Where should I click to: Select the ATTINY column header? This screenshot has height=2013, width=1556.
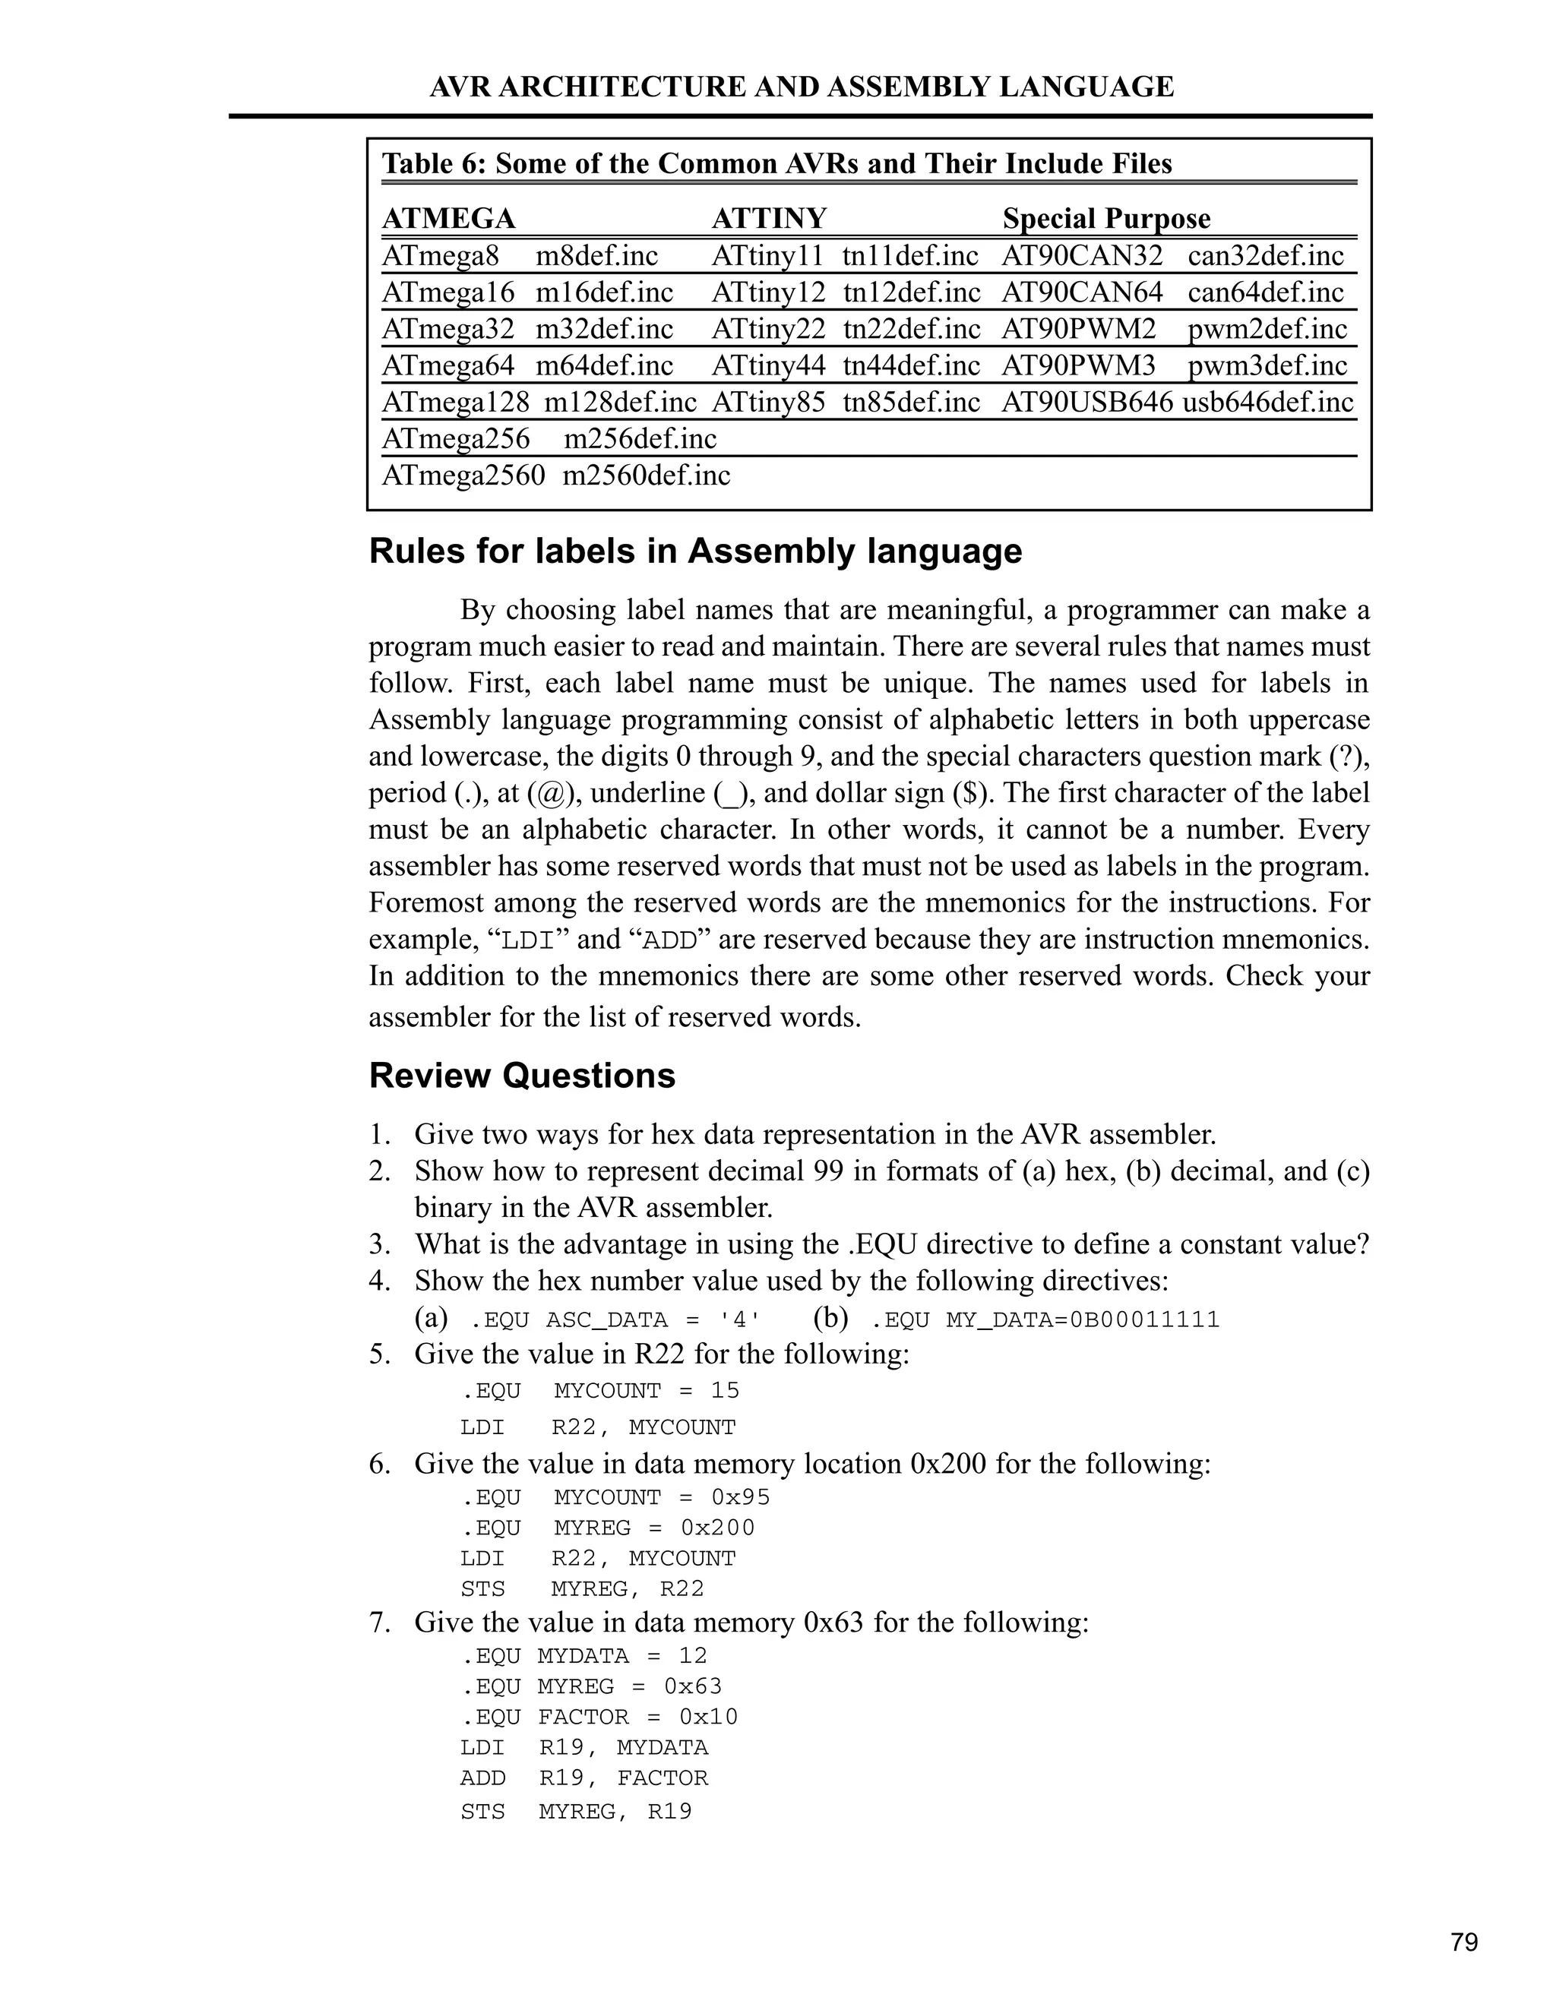pyautogui.click(x=769, y=219)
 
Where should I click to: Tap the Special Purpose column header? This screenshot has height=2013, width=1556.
pyautogui.click(x=1106, y=219)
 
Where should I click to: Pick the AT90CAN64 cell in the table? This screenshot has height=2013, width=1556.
pyautogui.click(x=1081, y=292)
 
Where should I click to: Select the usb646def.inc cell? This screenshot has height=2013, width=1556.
pyautogui.click(x=1267, y=403)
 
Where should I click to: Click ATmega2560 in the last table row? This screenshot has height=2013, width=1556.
pyautogui.click(x=463, y=476)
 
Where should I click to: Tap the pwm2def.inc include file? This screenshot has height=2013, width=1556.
pyautogui.click(x=1267, y=329)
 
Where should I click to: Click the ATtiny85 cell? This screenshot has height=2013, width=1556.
pyautogui.click(x=768, y=403)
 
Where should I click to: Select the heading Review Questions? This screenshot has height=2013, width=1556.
pyautogui.click(x=522, y=1076)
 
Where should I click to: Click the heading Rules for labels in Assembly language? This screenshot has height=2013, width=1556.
pyautogui.click(x=695, y=551)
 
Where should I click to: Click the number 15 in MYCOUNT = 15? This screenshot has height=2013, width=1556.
pyautogui.click(x=725, y=1390)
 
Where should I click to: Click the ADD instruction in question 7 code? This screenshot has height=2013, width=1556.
pyautogui.click(x=483, y=1778)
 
